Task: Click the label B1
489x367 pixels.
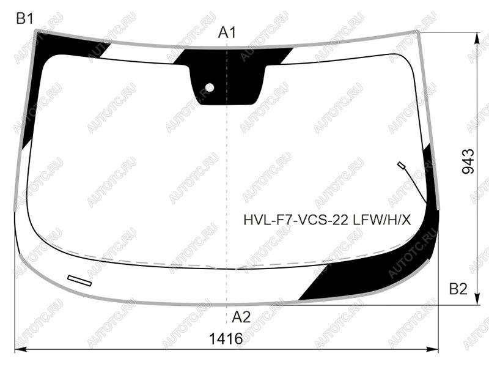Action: click(24, 19)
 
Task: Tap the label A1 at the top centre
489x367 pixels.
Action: click(227, 32)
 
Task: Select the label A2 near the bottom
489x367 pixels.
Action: click(241, 317)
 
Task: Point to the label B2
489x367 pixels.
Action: click(458, 289)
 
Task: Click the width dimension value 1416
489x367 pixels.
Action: click(226, 339)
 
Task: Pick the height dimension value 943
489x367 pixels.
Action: click(468, 161)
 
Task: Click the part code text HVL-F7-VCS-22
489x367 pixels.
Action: click(296, 221)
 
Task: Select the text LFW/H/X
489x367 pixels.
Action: click(382, 221)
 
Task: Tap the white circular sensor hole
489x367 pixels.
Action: click(210, 87)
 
